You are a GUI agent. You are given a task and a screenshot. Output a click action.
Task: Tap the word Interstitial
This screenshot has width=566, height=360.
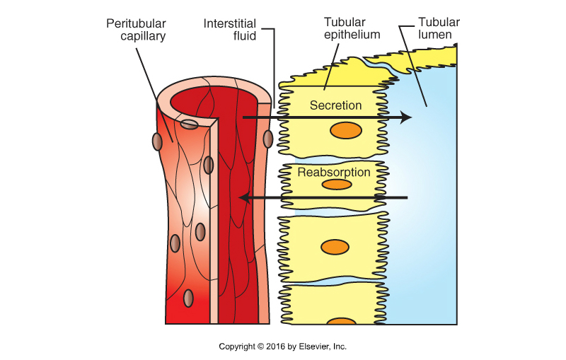(x=229, y=23)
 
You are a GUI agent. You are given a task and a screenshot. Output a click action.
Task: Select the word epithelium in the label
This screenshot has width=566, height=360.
(x=352, y=35)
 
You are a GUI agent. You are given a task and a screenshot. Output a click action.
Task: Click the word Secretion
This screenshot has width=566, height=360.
(x=336, y=105)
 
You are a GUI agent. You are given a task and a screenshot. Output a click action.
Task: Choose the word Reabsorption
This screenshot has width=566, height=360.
(x=334, y=172)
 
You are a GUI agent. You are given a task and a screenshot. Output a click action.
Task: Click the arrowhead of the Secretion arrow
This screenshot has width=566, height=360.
(x=405, y=117)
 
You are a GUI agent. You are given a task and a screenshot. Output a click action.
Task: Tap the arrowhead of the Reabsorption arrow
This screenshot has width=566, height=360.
(x=244, y=198)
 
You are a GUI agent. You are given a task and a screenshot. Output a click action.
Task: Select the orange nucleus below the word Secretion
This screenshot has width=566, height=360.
(x=347, y=130)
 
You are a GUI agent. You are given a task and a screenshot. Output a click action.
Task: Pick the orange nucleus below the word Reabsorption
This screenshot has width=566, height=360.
(x=337, y=185)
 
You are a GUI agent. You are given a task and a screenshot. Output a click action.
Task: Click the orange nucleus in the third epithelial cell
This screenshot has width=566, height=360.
(x=335, y=247)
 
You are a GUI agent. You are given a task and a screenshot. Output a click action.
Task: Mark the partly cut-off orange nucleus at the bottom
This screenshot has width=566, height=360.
(x=341, y=321)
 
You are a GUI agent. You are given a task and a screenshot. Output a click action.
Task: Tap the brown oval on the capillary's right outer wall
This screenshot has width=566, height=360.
(x=267, y=139)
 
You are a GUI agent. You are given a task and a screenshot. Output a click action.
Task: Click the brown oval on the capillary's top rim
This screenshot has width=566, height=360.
(x=189, y=124)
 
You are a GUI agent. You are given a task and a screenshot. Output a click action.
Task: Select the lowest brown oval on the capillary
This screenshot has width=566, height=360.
(x=188, y=298)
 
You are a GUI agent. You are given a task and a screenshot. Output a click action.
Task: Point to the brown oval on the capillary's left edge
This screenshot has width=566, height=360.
(x=157, y=141)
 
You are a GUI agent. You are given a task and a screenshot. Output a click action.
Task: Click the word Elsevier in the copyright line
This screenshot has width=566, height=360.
(x=311, y=347)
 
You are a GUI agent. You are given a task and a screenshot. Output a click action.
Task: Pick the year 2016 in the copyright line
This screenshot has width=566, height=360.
(x=273, y=347)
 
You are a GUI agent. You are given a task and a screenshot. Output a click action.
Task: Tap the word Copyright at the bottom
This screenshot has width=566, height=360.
(x=236, y=347)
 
